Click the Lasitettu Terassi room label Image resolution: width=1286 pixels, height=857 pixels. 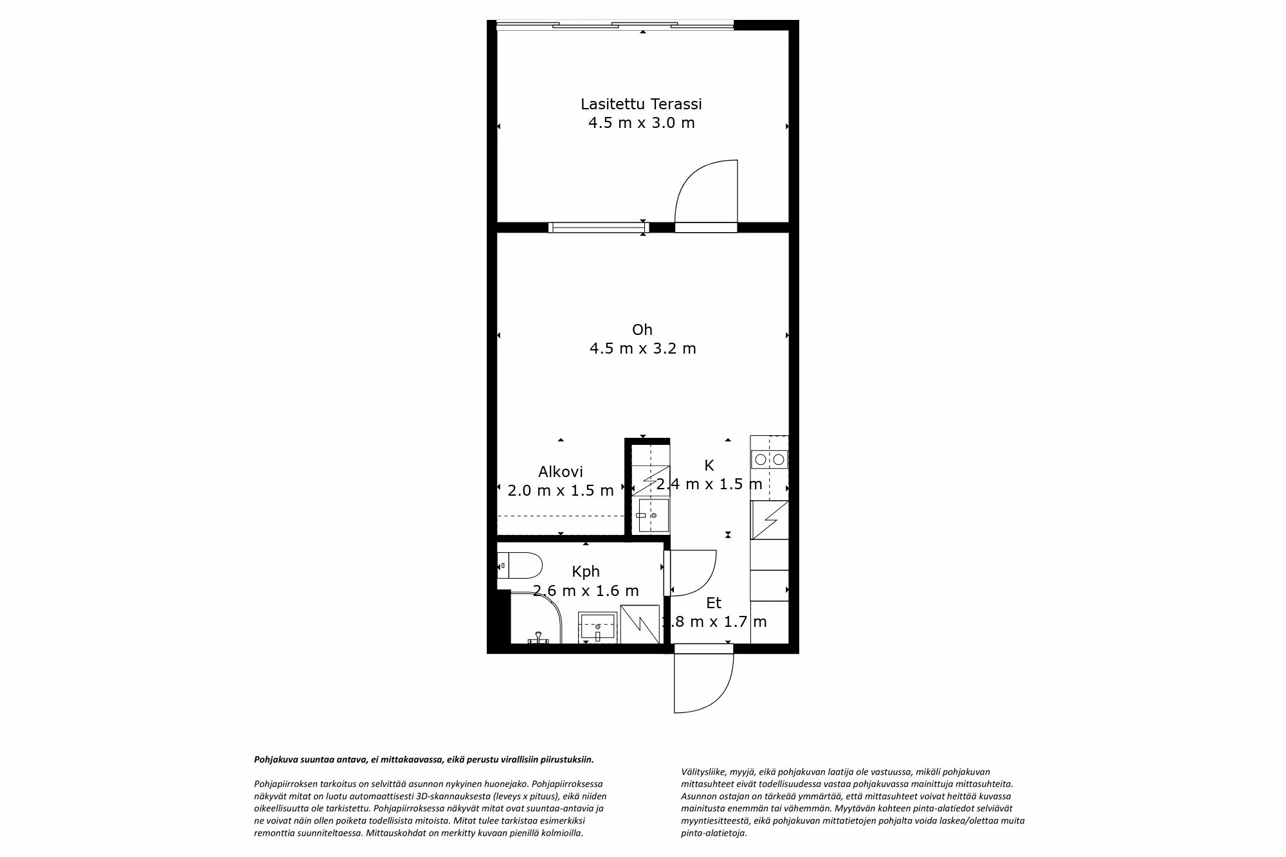[641, 104]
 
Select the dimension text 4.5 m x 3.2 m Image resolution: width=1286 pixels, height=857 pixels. [642, 348]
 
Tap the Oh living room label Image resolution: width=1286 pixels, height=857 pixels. [642, 330]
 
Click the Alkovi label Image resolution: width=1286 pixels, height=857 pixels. [560, 472]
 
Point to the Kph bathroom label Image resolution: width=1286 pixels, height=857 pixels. [586, 571]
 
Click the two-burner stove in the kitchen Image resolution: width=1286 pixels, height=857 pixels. [770, 459]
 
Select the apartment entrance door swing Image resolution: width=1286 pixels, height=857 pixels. [704, 683]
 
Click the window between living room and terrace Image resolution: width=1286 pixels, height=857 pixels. [598, 227]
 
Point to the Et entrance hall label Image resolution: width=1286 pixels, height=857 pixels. [714, 603]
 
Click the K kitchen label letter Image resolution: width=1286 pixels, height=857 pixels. [709, 465]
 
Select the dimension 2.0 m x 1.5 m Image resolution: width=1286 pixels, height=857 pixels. [560, 491]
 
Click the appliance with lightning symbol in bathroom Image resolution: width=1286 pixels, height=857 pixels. [640, 624]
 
